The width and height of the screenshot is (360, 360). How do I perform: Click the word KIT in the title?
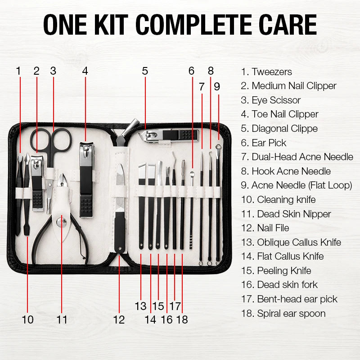[x=111, y=24]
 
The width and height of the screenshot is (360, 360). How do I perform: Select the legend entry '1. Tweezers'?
[x=266, y=72]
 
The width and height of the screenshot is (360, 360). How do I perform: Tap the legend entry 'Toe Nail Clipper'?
[x=285, y=114]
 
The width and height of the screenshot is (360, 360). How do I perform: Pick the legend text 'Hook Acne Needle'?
[x=291, y=171]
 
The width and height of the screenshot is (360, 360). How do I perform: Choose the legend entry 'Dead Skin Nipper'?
[x=294, y=214]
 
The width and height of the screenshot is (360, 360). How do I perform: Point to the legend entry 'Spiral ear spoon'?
[x=291, y=314]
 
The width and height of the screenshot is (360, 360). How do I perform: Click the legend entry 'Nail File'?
[x=273, y=228]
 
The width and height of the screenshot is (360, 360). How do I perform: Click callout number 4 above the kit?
[x=85, y=71]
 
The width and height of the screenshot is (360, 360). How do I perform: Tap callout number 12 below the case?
[x=119, y=319]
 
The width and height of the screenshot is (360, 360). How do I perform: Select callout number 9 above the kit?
[x=217, y=86]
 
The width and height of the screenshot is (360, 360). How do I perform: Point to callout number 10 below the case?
[x=27, y=319]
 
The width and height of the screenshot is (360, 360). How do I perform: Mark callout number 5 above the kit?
[x=145, y=71]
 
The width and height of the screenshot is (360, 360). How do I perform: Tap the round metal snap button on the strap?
[x=61, y=222]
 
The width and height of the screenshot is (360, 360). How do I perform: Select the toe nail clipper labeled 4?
[x=86, y=180]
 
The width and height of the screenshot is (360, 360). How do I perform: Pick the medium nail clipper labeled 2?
[x=37, y=183]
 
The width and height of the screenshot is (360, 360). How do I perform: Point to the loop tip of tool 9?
[x=218, y=147]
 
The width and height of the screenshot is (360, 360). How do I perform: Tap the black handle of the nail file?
[x=120, y=232]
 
